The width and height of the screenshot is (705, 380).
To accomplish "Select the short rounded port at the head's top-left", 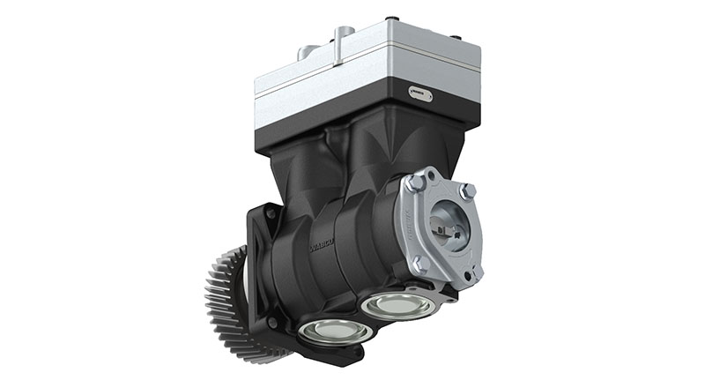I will [x=308, y=53].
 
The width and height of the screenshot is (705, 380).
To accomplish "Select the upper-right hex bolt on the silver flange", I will [x=467, y=191].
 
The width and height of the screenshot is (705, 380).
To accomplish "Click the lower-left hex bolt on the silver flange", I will [x=419, y=263].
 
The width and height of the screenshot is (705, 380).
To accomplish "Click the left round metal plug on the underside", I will [x=324, y=332].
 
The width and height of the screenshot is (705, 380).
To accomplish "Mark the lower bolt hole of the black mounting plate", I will [x=272, y=324].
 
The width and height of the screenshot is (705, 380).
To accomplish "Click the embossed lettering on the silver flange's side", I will [x=407, y=227].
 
